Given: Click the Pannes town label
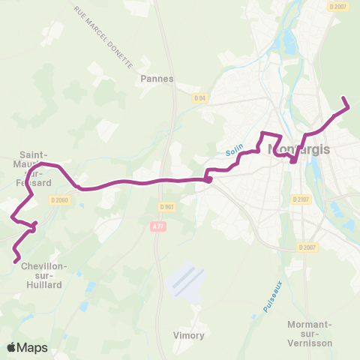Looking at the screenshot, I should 157,78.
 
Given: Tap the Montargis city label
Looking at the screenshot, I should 298,148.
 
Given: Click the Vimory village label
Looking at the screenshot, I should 188,335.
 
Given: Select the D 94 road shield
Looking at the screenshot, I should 199,97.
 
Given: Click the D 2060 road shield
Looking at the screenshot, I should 59,199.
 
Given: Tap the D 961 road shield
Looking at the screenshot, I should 166,207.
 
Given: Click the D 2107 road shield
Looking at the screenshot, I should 301,199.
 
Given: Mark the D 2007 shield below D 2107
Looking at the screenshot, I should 307,247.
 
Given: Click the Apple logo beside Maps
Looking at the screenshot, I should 12,347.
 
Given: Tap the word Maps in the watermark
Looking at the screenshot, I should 32,347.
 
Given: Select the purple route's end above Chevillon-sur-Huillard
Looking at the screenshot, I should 16,261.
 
